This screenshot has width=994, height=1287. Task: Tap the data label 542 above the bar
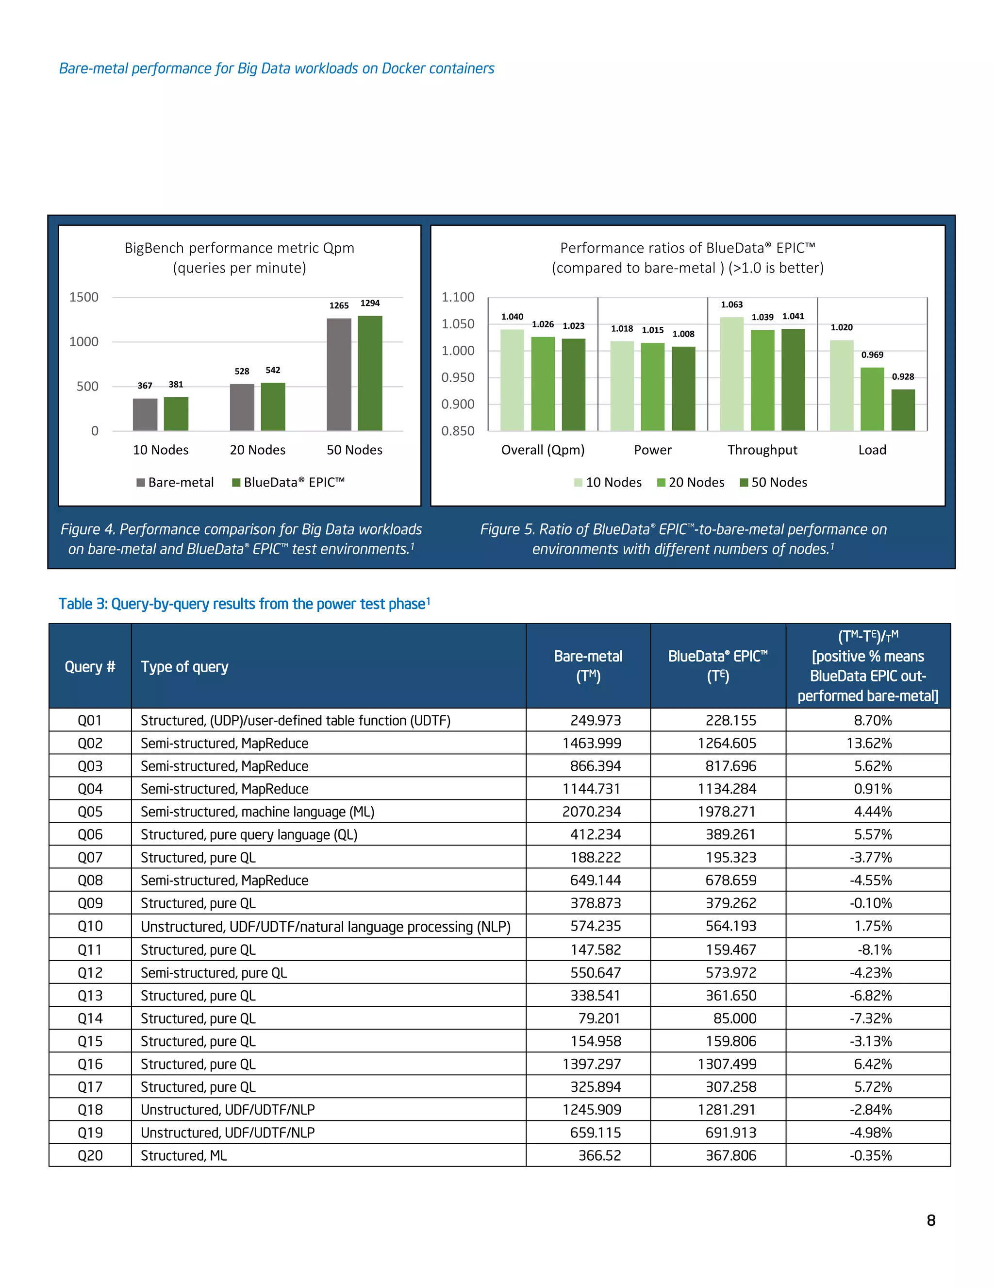[273, 370]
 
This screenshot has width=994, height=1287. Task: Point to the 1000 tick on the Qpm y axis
[83, 342]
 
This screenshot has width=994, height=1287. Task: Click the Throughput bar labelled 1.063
[731, 373]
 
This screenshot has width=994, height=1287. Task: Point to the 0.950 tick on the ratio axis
[458, 377]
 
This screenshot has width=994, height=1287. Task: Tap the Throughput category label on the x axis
[762, 450]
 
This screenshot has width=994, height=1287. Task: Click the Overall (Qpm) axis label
[542, 450]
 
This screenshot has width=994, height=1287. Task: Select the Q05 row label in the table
[90, 812]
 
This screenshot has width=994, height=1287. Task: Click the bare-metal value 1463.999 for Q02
[591, 743]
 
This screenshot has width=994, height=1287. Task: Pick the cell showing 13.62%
[869, 743]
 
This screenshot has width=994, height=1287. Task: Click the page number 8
[930, 1220]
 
